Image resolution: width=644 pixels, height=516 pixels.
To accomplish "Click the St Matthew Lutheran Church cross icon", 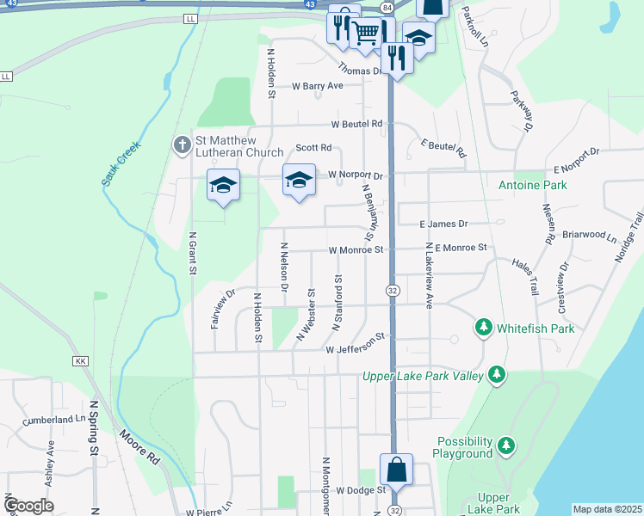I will pyautogui.click(x=182, y=145).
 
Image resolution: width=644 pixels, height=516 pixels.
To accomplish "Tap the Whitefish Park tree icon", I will pyautogui.click(x=484, y=328).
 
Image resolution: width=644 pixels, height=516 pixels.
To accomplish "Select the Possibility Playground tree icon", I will pyautogui.click(x=507, y=445).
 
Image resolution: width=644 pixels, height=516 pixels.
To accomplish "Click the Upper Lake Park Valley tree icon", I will pyautogui.click(x=496, y=374).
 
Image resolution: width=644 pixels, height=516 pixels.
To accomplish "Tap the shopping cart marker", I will pyautogui.click(x=366, y=34).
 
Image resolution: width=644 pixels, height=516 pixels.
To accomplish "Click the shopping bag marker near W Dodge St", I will pyautogui.click(x=396, y=470).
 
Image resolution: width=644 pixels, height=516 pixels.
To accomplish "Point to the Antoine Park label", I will pyautogui.click(x=533, y=185).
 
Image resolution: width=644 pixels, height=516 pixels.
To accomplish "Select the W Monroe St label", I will pyautogui.click(x=355, y=250).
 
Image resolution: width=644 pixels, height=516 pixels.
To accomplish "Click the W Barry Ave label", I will pyautogui.click(x=318, y=86).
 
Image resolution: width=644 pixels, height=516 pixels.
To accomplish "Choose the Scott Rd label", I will pyautogui.click(x=313, y=148).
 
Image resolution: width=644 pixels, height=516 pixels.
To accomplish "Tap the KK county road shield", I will pyautogui.click(x=81, y=360).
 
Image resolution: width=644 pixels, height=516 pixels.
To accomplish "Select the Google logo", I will pyautogui.click(x=28, y=506).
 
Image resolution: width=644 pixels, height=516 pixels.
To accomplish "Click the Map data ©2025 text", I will pyautogui.click(x=607, y=509).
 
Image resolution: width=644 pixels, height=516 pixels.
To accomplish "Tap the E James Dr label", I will pyautogui.click(x=443, y=224).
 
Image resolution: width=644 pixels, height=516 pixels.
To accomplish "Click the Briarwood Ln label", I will pyautogui.click(x=589, y=235).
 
